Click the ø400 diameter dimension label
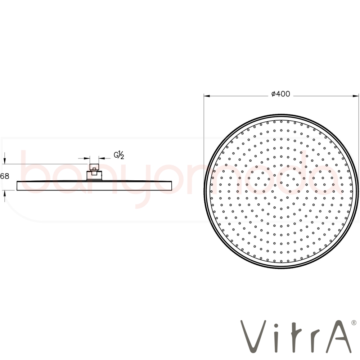pos(280,94)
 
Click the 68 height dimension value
pos(5,176)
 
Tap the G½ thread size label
pos(119,156)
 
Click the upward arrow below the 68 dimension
pos(5,196)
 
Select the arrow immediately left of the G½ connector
pos(84,158)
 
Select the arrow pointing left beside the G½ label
pos(104,158)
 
